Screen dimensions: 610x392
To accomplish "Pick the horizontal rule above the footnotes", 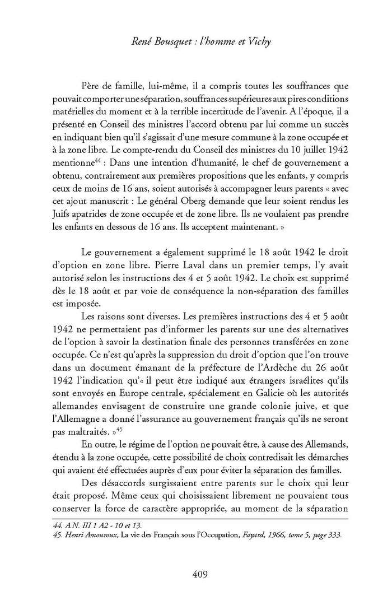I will [x=200, y=519].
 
